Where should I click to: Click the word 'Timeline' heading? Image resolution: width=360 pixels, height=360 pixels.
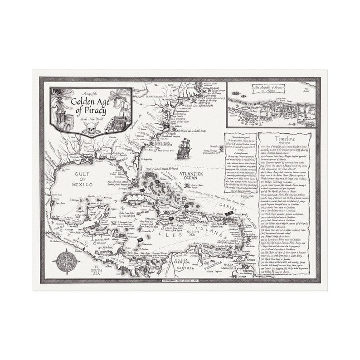click(x=285, y=139)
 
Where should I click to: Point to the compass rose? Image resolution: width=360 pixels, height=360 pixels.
click(x=66, y=262)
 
